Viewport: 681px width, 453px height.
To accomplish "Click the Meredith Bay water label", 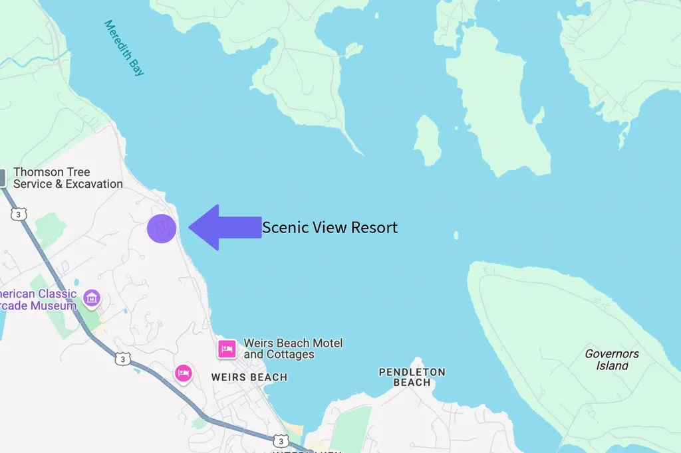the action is click(124, 48).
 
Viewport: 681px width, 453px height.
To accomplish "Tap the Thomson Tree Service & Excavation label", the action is click(68, 178).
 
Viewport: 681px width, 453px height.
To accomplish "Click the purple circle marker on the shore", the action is click(162, 228).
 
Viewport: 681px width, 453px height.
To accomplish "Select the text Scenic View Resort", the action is click(330, 227).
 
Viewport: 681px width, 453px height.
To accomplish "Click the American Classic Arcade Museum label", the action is click(39, 300).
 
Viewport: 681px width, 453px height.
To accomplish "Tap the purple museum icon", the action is click(92, 298).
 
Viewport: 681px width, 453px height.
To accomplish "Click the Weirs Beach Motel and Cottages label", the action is click(293, 349).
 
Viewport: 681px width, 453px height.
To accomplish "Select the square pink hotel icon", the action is click(227, 349).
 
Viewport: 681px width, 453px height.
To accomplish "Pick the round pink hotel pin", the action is click(184, 373).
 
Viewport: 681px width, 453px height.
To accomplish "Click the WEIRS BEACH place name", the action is click(249, 377).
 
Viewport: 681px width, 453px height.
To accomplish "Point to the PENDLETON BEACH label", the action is click(412, 377).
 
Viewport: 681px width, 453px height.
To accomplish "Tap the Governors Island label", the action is click(612, 359).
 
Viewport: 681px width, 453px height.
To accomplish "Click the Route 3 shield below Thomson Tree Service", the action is click(19, 214).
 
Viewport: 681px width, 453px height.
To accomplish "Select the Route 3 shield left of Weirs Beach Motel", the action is click(122, 359).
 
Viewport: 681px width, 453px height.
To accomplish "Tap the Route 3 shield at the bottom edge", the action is click(280, 441).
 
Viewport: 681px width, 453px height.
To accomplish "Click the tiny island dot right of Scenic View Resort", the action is click(456, 235).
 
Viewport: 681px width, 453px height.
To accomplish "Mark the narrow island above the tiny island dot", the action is click(428, 140).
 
